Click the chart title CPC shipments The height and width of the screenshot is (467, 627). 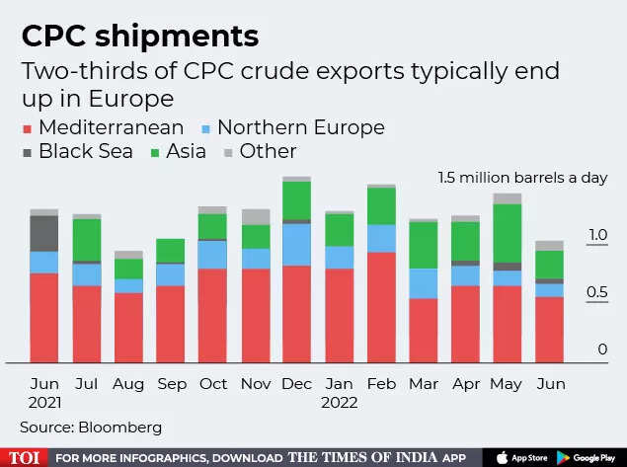click(x=139, y=37)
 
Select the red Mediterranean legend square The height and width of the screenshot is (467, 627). click(x=28, y=128)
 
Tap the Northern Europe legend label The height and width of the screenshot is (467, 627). click(x=300, y=127)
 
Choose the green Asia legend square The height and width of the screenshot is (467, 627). click(x=156, y=152)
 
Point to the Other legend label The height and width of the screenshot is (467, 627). click(x=268, y=152)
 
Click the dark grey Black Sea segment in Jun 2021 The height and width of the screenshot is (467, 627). click(x=43, y=233)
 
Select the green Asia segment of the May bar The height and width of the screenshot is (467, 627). click(x=508, y=233)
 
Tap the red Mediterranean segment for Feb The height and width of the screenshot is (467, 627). click(x=381, y=307)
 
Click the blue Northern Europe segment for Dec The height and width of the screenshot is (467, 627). click(x=296, y=245)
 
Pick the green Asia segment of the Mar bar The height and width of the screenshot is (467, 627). click(x=424, y=245)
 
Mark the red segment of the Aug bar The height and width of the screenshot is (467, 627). click(x=128, y=327)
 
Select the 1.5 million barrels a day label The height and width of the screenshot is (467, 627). click(x=522, y=179)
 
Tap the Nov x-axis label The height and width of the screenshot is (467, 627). click(x=255, y=383)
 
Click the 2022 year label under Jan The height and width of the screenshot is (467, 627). click(x=339, y=403)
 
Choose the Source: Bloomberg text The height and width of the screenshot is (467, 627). click(x=90, y=428)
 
